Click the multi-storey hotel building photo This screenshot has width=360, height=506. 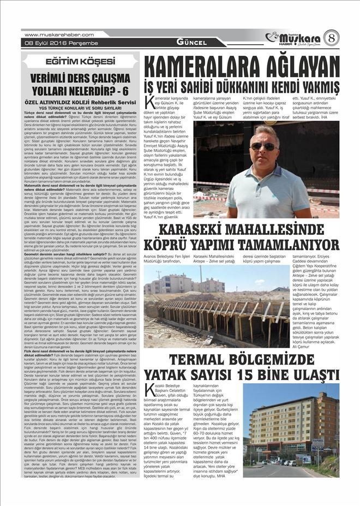click(291, 431)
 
